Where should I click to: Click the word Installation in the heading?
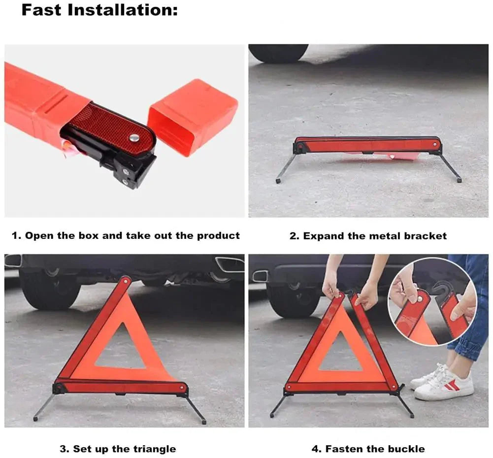tap(123, 10)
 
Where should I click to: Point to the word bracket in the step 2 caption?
tap(426, 236)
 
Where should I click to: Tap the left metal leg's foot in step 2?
tap(279, 181)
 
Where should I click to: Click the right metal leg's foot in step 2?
tap(459, 180)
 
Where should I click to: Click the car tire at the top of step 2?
tap(278, 53)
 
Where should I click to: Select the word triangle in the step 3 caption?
tap(154, 449)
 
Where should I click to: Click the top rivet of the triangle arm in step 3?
tap(126, 281)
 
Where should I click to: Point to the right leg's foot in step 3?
tap(203, 422)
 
